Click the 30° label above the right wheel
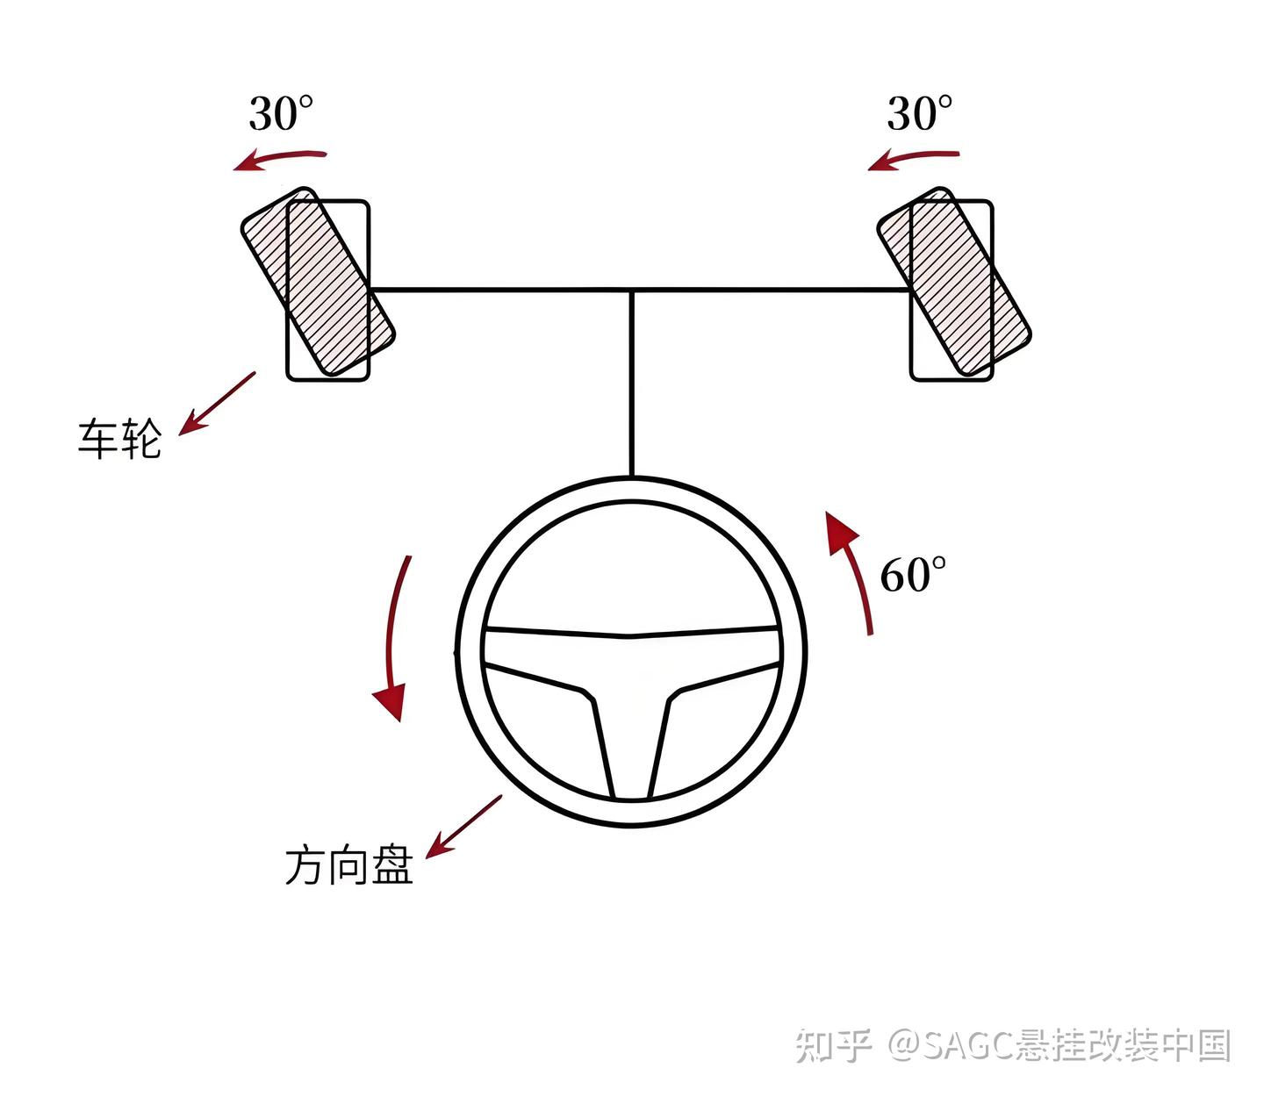[x=919, y=114]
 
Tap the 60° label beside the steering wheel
[x=913, y=576]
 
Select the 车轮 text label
[x=119, y=438]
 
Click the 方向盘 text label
[x=348, y=865]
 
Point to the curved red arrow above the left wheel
[x=279, y=159]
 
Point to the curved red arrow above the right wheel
[x=914, y=159]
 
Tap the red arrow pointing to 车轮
[x=216, y=403]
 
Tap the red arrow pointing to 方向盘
[x=463, y=827]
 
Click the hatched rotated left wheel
[x=318, y=281]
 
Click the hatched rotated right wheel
[x=954, y=281]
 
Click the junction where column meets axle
[x=631, y=289]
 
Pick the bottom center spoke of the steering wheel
[x=631, y=746]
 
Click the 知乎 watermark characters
[x=833, y=1045]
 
